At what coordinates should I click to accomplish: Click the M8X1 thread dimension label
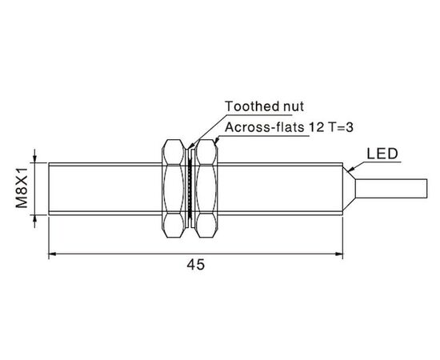[22, 188]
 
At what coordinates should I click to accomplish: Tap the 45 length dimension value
[196, 264]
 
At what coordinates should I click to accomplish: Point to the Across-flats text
[264, 127]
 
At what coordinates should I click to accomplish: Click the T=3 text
[339, 127]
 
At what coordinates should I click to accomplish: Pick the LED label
[382, 154]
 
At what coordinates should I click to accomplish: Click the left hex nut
[174, 189]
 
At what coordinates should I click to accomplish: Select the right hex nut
[206, 189]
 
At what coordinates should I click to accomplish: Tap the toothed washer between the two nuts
[190, 189]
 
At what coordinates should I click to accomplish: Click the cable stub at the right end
[391, 188]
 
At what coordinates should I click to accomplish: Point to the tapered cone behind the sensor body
[349, 189]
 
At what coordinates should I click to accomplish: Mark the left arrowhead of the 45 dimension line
[52, 254]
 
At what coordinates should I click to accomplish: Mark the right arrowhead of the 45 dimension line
[339, 254]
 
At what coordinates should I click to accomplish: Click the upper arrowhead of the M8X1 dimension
[34, 159]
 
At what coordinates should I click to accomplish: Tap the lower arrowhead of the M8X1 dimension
[34, 219]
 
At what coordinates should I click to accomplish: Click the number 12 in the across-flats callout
[316, 127]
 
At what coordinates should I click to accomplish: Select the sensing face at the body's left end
[49, 189]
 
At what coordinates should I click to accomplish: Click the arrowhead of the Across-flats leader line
[216, 142]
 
